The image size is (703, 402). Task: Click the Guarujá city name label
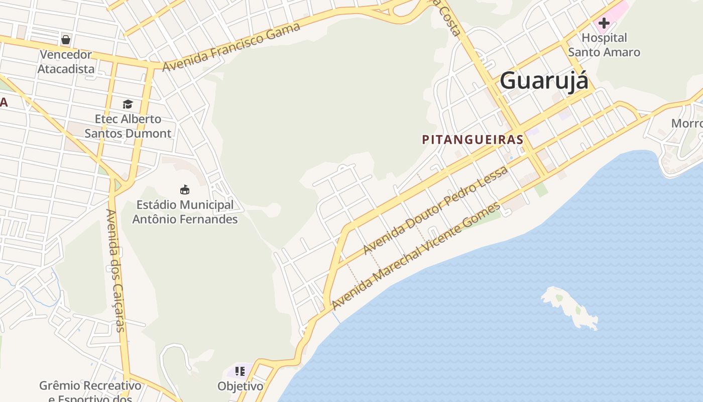pos(543,80)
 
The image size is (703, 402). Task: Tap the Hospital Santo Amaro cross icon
pos(604,23)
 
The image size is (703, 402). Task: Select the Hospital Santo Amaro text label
pos(604,45)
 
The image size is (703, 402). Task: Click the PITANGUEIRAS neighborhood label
pos(473,140)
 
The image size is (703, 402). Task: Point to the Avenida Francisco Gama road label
pos(231,47)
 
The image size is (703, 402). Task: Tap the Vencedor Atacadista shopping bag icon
pos(66,39)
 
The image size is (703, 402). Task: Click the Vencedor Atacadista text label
pos(66,62)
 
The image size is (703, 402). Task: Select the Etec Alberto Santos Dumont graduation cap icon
pos(128,104)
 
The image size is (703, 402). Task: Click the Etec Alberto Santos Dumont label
pos(128,126)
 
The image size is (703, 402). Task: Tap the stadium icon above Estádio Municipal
pos(185,189)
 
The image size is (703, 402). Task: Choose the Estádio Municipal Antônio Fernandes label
pos(185,212)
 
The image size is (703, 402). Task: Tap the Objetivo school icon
pos(240,371)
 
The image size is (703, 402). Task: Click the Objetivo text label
pos(240,386)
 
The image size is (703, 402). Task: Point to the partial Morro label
pos(687,124)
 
